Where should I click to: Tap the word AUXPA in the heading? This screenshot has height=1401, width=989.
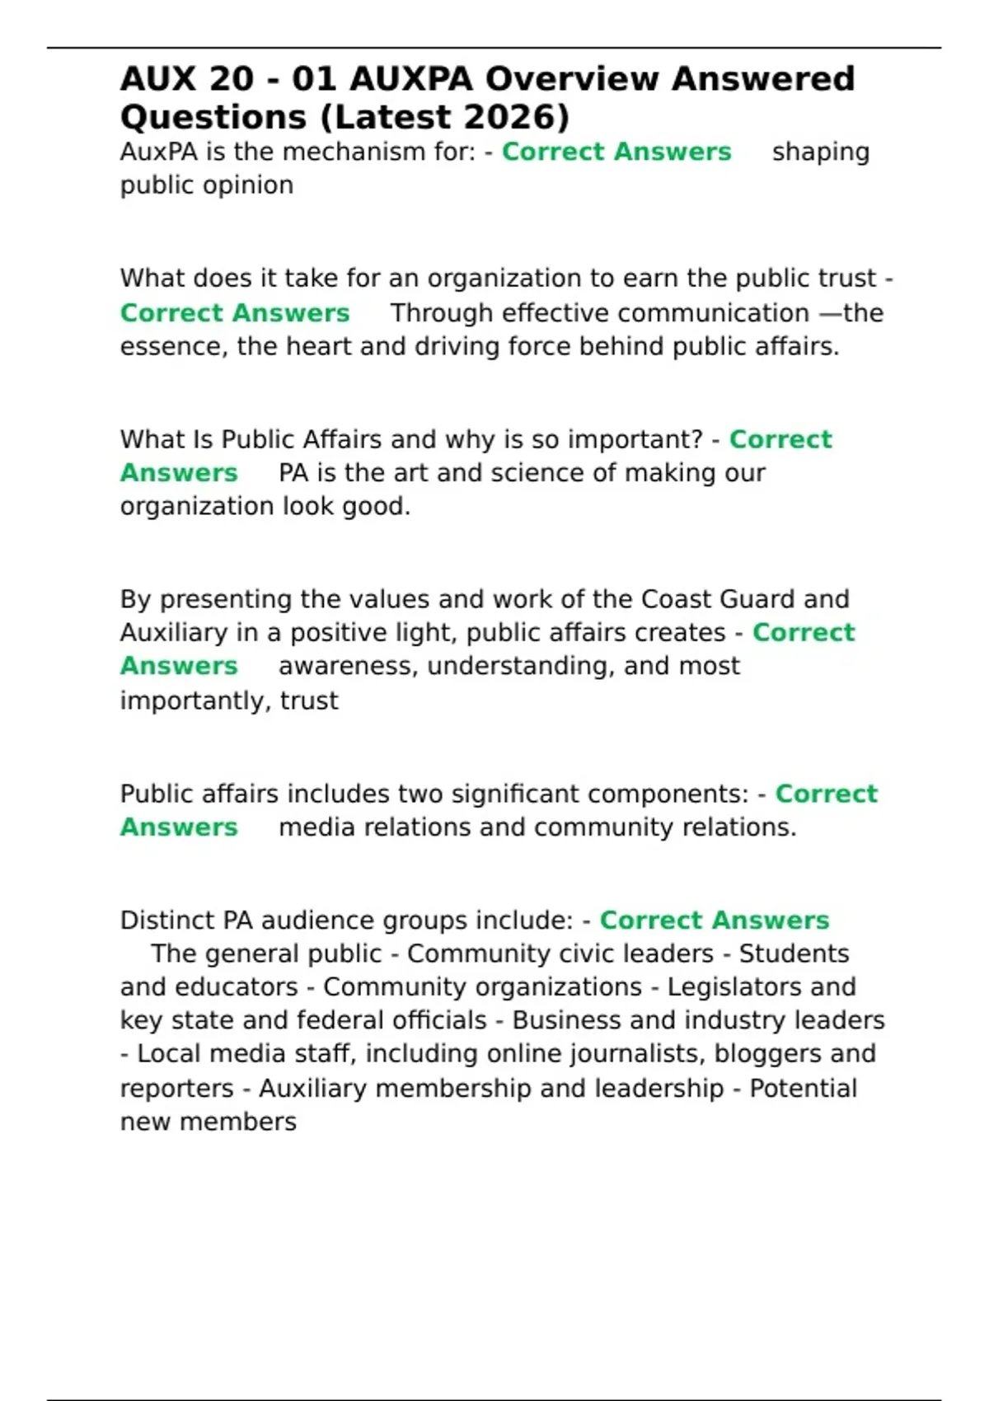[x=411, y=79]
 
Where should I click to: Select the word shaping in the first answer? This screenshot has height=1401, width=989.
[x=820, y=152]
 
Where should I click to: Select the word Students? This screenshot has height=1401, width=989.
[x=794, y=954]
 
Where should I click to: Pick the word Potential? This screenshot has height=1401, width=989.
[x=803, y=1089]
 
